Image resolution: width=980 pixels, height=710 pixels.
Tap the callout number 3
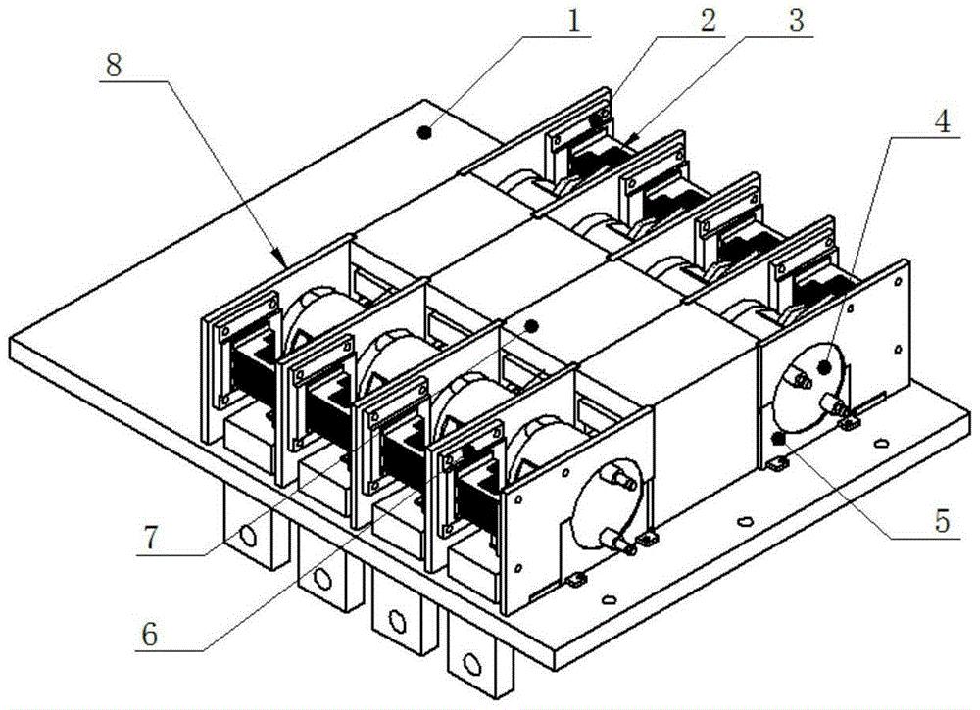coord(800,18)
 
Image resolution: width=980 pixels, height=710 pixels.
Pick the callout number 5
coord(942,521)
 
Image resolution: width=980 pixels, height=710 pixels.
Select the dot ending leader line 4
coord(824,366)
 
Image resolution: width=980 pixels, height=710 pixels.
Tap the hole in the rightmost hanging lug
coord(473,665)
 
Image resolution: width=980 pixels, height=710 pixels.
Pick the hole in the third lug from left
coord(396,619)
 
